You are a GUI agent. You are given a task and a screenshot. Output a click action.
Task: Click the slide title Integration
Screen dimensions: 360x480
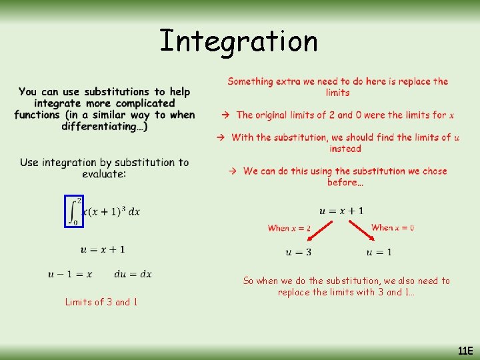point(239,41)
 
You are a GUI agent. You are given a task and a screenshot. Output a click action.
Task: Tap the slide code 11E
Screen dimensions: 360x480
point(465,351)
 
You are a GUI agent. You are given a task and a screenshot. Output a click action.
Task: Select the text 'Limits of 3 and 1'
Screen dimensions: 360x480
point(101,302)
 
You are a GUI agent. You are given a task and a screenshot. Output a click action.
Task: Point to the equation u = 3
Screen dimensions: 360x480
point(298,252)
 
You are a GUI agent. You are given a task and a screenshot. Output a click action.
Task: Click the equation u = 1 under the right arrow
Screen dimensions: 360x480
point(379,252)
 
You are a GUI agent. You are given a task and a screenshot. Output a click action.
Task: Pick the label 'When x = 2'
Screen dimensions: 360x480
point(289,228)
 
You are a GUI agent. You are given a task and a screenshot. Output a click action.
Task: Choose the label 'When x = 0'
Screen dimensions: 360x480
point(393,227)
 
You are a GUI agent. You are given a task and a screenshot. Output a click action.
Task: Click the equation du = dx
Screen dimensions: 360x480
point(133,274)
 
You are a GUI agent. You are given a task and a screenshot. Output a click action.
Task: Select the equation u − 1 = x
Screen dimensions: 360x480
point(70,274)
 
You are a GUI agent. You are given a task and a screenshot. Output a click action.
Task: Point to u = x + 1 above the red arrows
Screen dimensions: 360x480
point(341,211)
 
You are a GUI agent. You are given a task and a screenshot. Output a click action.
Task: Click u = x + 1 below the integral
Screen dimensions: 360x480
point(103,249)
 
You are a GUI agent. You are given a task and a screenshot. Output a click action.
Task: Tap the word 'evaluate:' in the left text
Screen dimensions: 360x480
point(105,174)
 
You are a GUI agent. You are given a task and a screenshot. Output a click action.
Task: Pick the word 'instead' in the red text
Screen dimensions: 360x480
point(345,149)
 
